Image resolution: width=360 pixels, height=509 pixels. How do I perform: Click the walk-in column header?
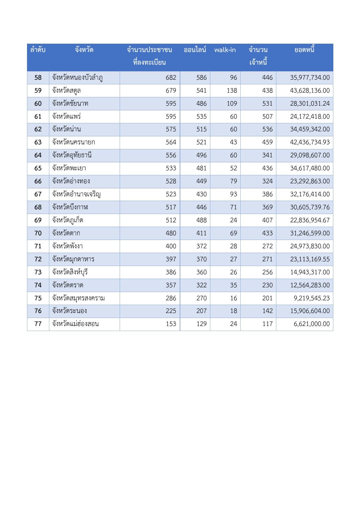point(225,50)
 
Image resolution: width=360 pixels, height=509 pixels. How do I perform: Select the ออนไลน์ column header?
point(195,50)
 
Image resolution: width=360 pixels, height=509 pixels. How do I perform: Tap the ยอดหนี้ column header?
point(304,50)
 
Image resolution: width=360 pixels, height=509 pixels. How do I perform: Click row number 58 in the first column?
point(38,78)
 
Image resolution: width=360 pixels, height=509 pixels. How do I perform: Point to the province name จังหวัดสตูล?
point(66,91)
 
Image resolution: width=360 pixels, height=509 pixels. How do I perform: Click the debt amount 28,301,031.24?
point(310,104)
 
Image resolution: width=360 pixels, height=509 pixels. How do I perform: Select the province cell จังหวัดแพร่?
point(66,117)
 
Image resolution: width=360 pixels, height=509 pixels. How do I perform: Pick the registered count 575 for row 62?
point(171,129)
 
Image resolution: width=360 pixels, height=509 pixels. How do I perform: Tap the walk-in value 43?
point(233,142)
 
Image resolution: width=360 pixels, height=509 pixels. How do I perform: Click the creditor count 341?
point(267,155)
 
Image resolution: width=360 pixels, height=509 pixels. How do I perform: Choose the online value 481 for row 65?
point(201,168)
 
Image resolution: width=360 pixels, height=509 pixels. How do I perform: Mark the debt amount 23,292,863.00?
point(310,181)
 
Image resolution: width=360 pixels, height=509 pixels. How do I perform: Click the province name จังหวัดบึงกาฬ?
point(70,207)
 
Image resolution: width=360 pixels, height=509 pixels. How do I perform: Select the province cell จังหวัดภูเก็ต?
point(68,220)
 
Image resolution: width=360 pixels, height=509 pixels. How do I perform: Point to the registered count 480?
point(171,233)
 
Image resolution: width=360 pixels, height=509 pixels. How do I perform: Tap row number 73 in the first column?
point(38,272)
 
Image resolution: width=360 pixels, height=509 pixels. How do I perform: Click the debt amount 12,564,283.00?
point(310,285)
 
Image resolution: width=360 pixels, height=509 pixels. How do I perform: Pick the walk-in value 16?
point(233,298)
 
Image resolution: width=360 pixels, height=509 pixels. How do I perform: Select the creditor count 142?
point(267,311)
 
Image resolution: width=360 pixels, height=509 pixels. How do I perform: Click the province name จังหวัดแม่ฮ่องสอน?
point(75,324)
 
